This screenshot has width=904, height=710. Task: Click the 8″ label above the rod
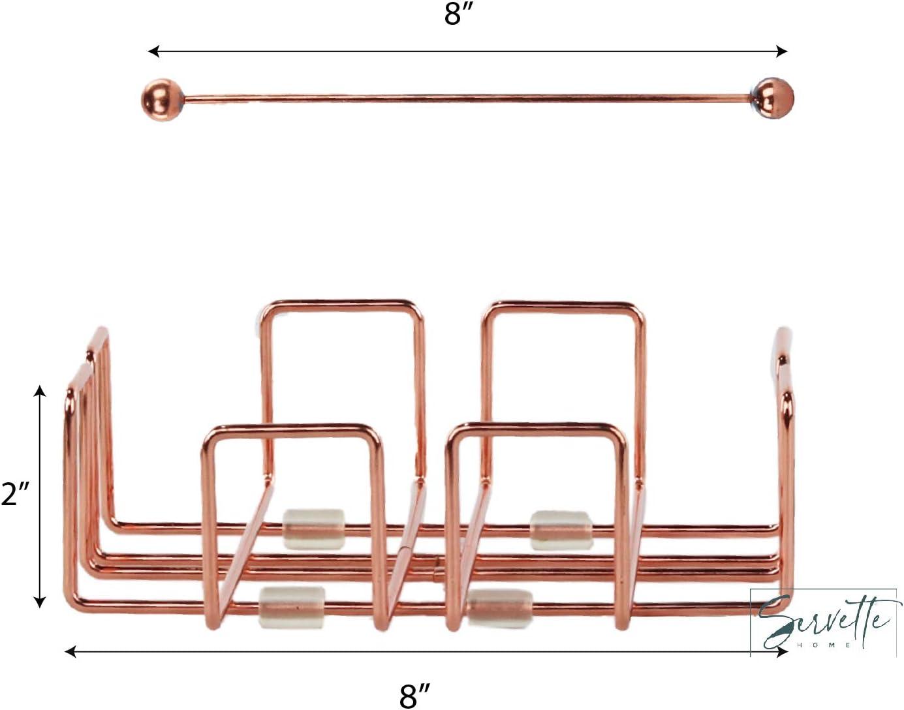(x=454, y=14)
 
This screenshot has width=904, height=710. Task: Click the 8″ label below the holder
(x=416, y=694)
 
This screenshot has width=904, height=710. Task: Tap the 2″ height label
(x=16, y=494)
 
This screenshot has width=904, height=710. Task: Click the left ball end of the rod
(x=161, y=99)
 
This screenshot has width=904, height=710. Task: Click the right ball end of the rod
(x=774, y=99)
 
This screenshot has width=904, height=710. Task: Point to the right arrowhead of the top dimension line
(x=782, y=52)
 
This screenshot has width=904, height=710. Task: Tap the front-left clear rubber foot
(x=292, y=607)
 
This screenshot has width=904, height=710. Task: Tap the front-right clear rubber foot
(x=500, y=608)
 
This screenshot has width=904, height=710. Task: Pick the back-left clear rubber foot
(x=313, y=529)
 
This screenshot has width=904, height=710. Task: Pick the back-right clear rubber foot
(x=561, y=529)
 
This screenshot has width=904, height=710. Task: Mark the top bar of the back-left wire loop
(x=339, y=303)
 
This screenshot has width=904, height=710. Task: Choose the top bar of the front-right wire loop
(x=535, y=427)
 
